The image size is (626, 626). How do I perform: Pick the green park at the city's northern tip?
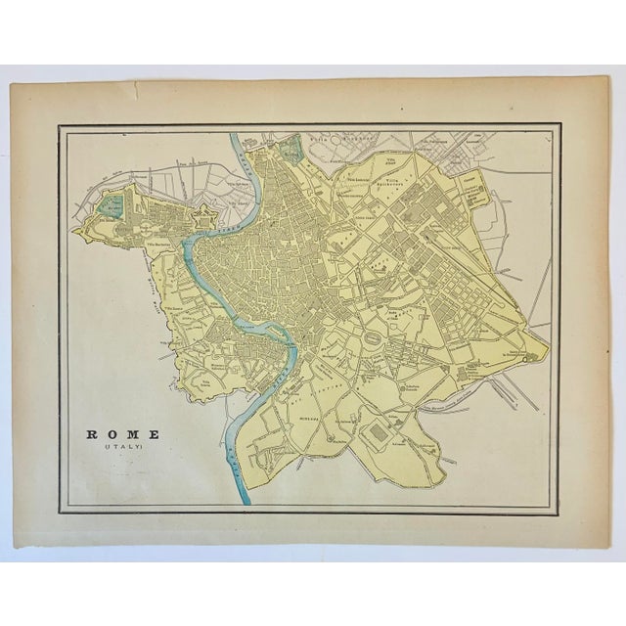tap(291, 150)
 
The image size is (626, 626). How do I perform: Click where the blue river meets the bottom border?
tap(246, 502)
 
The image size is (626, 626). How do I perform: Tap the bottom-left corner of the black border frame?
tap(59, 512)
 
